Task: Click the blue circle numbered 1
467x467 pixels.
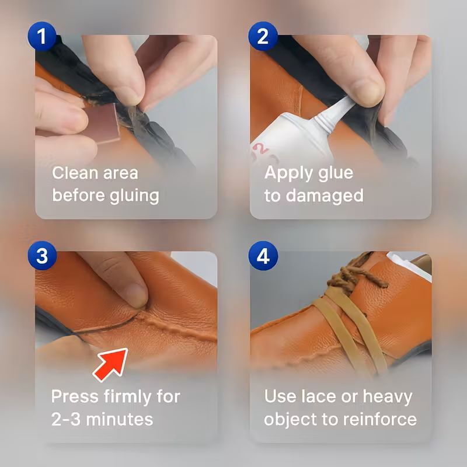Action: click(x=42, y=36)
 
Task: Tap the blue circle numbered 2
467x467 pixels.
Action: click(x=263, y=36)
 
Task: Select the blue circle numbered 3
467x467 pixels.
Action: click(x=42, y=256)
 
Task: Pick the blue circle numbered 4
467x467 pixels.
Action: click(x=263, y=256)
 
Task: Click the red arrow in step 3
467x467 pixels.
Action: click(x=111, y=364)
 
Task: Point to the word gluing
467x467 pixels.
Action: click(x=134, y=197)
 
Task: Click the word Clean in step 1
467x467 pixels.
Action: click(x=75, y=173)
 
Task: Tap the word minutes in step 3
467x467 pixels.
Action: click(x=120, y=419)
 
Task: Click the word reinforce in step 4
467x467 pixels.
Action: click(x=380, y=419)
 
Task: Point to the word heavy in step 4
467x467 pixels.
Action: click(x=388, y=398)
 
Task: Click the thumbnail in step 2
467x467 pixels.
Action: click(x=370, y=92)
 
